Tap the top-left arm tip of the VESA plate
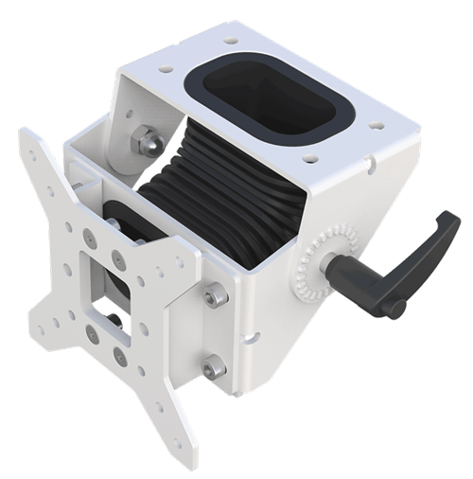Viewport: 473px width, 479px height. point(29,141)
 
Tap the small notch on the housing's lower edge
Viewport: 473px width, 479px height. point(255,333)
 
